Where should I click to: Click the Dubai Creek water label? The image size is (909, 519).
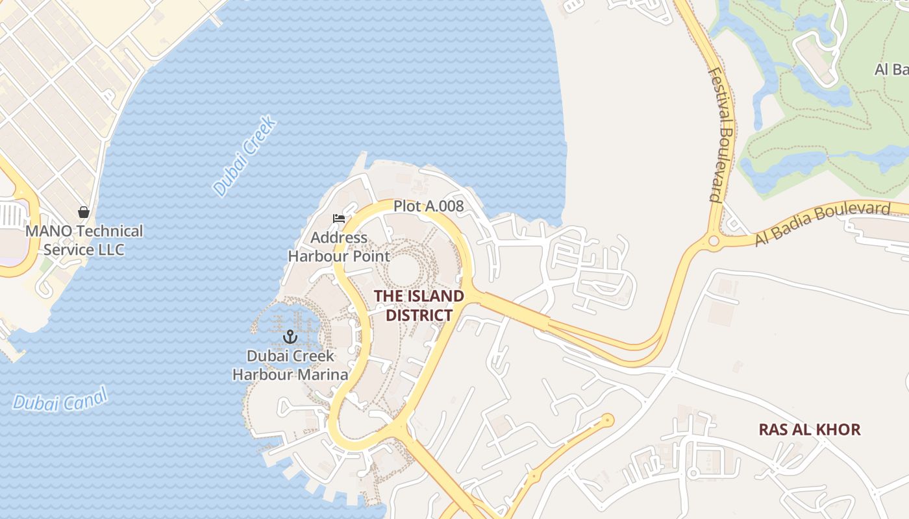point(245,156)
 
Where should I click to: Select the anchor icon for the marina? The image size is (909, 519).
point(290,337)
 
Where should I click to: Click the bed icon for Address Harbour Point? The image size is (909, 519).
point(338,219)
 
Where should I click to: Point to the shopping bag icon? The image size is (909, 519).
point(84,211)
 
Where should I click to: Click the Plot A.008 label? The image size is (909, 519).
point(429,206)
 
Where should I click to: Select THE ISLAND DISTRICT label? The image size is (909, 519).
point(419,306)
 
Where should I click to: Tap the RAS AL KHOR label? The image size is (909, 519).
point(810,429)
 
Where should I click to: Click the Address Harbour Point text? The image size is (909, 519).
point(339,247)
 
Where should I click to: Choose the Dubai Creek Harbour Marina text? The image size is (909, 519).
point(290,365)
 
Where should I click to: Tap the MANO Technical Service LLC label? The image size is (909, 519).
point(84,240)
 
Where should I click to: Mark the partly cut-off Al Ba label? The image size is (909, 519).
point(891,69)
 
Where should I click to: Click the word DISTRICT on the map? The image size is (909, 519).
point(419,315)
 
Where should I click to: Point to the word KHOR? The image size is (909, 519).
point(840,429)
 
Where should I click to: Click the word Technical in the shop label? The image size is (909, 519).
point(109,231)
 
